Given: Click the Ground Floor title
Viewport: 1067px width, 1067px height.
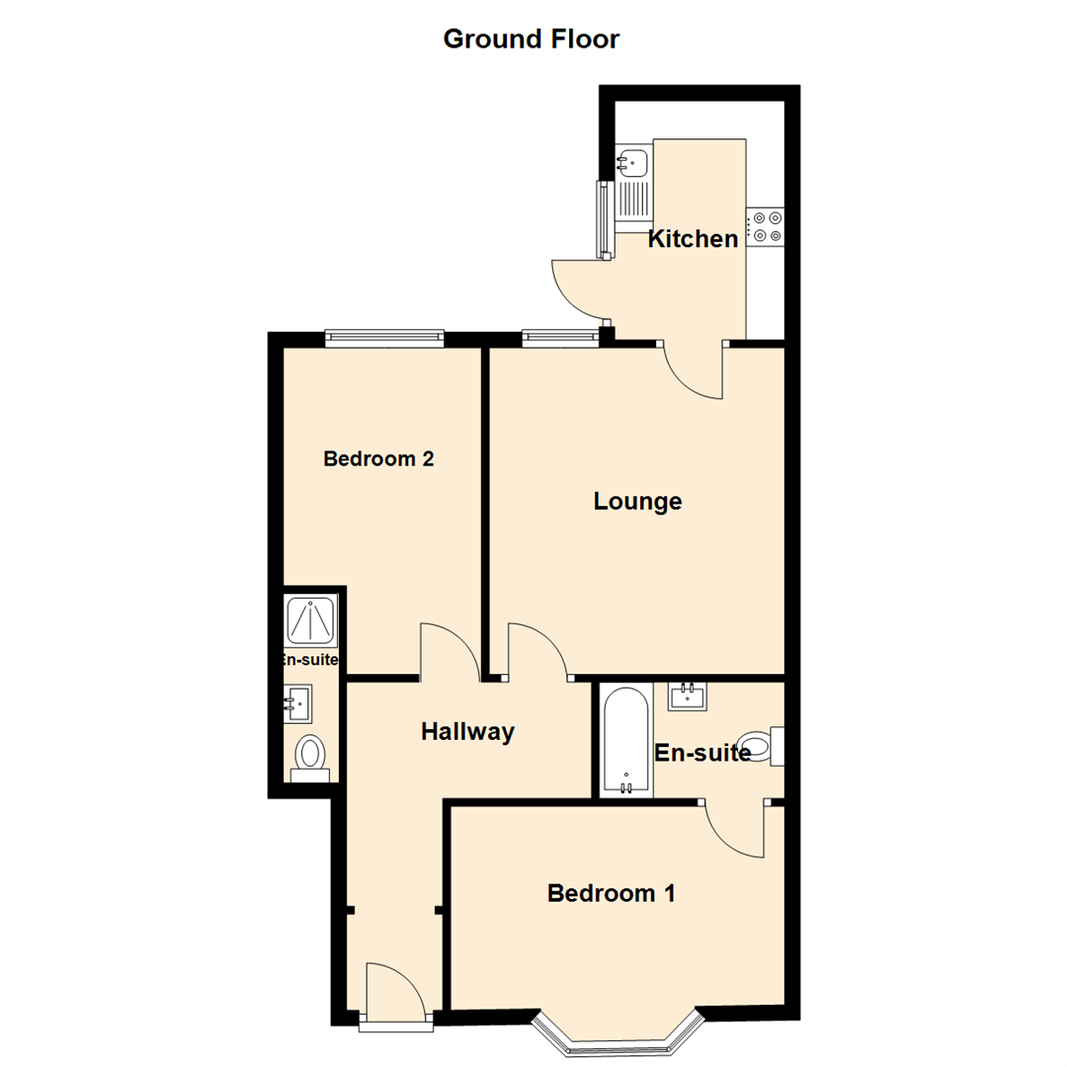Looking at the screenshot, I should point(531,40).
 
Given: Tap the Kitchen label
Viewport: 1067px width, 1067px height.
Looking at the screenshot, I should point(693,239).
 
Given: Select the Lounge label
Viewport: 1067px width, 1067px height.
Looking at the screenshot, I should point(637,502).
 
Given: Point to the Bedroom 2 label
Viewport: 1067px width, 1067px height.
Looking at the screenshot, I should point(379,459).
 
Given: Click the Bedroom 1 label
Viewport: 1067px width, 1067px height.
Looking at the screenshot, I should point(612,894).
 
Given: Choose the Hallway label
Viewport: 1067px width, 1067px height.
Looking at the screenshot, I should point(467,732).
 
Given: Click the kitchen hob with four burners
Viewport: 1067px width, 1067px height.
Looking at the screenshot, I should point(766,226).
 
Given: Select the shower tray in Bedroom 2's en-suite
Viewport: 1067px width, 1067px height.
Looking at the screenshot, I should point(312,620).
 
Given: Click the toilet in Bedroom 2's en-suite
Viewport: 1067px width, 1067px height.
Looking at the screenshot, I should point(311,757).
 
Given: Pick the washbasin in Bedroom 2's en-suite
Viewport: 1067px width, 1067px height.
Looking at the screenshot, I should point(298,703).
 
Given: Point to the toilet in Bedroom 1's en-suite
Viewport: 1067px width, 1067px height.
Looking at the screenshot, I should point(759,747).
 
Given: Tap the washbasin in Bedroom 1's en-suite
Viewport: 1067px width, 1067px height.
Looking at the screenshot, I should point(689,696).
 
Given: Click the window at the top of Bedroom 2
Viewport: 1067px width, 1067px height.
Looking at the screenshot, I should point(384,338).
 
